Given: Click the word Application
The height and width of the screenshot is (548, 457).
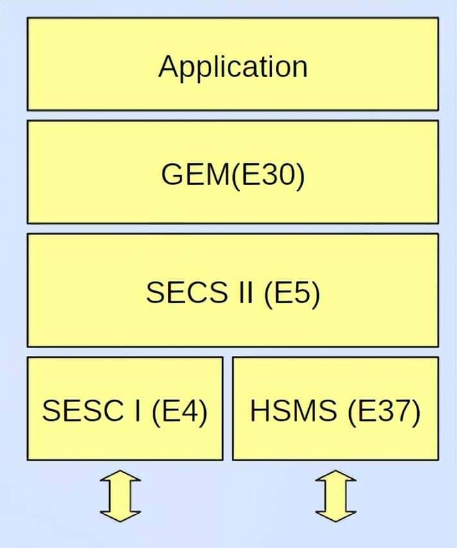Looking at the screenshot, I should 232,67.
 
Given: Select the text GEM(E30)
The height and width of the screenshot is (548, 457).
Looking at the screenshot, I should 232,175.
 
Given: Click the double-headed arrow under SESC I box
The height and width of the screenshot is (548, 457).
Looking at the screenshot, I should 120,495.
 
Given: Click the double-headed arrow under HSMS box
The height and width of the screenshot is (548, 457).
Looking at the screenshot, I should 335,495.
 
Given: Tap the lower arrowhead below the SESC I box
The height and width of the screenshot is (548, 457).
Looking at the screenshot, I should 120,513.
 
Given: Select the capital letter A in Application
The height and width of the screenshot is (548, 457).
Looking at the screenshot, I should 168,66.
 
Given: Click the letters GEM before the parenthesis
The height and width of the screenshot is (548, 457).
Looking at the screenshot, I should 194,175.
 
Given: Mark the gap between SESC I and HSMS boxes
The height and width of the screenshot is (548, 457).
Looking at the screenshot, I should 228,409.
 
